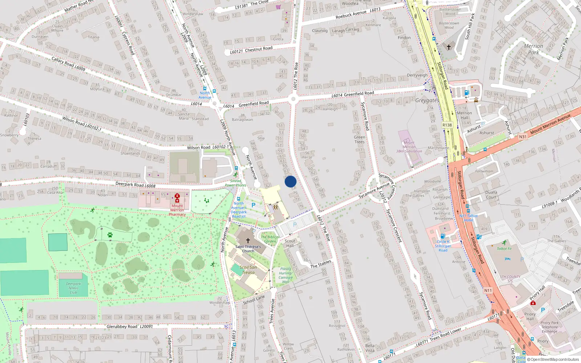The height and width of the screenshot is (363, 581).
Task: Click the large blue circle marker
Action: coord(290,181)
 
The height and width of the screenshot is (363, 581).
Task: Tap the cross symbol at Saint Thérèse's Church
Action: coord(248,240)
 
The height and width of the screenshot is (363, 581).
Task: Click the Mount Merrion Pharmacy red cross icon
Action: coord(177,198)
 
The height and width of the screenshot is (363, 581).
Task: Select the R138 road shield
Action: coord(447,125)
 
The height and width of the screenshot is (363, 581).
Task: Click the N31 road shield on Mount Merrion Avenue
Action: coord(523,137)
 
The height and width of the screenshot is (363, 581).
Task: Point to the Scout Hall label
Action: coord(290,243)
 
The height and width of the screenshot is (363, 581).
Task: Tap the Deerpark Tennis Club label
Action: coord(73,288)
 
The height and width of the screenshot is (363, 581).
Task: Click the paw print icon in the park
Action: coord(110,235)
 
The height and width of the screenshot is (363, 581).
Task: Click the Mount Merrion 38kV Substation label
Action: coord(409,147)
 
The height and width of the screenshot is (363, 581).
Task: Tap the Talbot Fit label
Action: coord(504,249)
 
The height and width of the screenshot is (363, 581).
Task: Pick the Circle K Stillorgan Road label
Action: coord(443,246)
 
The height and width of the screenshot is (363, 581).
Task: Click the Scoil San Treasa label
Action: coord(248,270)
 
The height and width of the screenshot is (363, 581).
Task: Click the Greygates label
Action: coord(427,100)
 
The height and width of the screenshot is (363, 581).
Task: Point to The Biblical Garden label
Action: coord(270,239)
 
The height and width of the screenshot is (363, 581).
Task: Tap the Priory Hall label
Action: coord(530,316)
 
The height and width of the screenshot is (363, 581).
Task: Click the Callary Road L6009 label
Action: coord(68,64)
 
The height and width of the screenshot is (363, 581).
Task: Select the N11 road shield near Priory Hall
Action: coord(488,290)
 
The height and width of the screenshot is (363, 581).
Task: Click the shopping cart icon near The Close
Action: coord(278,7)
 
